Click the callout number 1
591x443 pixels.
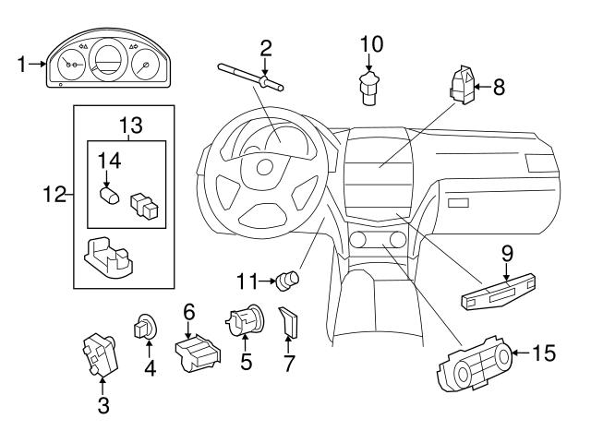(x=20, y=64)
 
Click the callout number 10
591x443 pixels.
(x=369, y=43)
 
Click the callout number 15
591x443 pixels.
(x=547, y=352)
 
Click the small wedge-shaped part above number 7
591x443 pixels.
(x=289, y=323)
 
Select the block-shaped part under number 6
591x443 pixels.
(x=197, y=353)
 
